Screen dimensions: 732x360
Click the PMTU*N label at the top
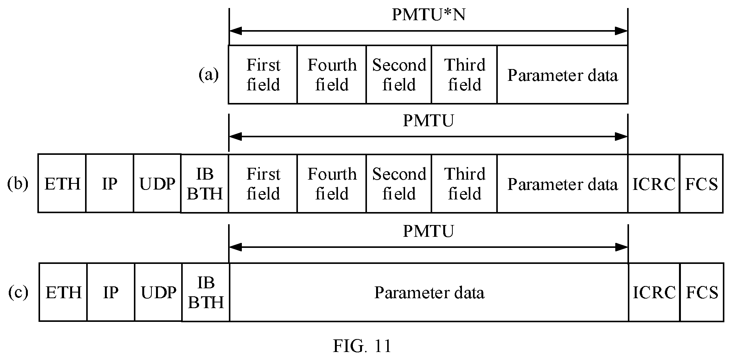429,15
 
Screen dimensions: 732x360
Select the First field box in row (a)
263,74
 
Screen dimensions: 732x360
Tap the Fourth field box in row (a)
332,74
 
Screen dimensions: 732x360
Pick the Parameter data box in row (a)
562,74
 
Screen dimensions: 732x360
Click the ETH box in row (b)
62,183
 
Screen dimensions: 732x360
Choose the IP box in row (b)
110,183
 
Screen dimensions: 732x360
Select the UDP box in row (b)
157,183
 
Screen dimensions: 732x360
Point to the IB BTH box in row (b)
205,183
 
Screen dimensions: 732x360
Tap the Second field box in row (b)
399,183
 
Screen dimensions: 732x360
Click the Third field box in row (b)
464,183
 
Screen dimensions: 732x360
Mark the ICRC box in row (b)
654,183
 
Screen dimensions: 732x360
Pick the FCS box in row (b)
701,183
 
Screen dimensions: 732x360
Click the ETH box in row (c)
63,292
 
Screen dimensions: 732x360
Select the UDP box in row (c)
158,292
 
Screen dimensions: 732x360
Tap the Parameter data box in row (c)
429,292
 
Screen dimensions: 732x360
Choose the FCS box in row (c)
702,292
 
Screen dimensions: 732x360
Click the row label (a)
209,75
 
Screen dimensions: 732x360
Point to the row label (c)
18,292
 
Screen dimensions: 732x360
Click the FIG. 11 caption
362,346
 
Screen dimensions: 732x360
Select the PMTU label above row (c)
428,231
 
